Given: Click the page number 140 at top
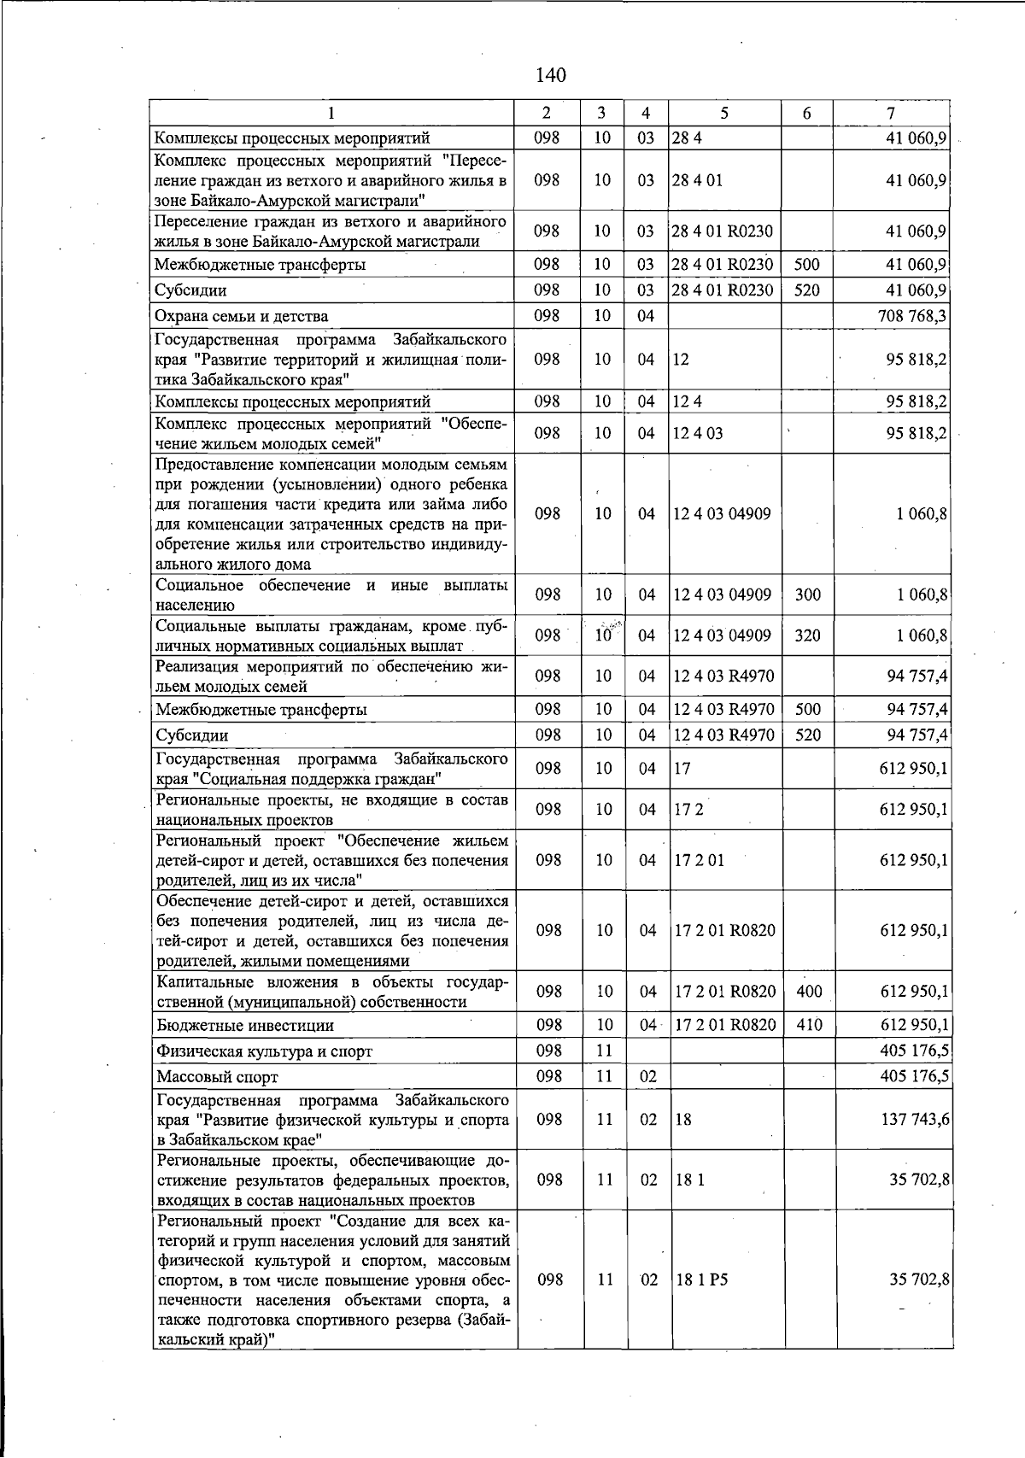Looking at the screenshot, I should tap(551, 76).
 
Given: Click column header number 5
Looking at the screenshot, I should tap(723, 114).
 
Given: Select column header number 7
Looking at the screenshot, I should tap(891, 114).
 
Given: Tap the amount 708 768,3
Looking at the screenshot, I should tap(913, 317).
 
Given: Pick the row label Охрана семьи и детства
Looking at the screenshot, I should tap(242, 317).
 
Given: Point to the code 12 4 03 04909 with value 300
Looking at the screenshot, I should tap(722, 594).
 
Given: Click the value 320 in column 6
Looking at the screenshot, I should tap(807, 635).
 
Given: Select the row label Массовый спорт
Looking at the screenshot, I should tap(217, 1077).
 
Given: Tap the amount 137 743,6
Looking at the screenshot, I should tap(915, 1120).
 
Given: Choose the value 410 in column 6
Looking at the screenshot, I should tap(808, 1025).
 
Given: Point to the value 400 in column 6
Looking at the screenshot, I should tap(808, 992).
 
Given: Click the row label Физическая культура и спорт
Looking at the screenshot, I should tap(265, 1051).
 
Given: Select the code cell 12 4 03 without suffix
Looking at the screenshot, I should tap(698, 433).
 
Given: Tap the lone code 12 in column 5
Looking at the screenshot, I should tap(681, 360).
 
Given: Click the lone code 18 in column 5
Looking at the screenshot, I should tap(682, 1120).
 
